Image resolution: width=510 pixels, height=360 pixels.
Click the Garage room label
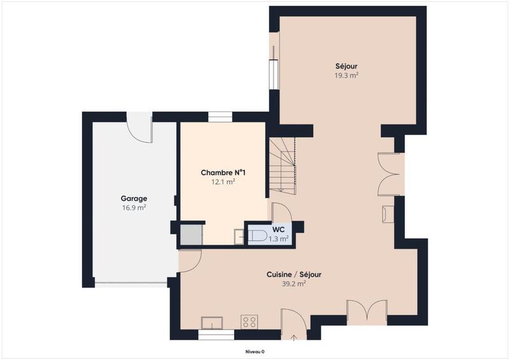[134, 198]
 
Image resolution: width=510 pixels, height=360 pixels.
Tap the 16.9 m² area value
[134, 207]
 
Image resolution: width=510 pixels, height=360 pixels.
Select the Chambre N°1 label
[223, 173]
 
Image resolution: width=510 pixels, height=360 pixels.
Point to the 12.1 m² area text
[223, 182]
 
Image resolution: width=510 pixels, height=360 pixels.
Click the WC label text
[278, 229]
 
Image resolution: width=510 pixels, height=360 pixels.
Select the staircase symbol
[282, 166]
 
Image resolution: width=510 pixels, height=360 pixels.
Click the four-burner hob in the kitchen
[249, 322]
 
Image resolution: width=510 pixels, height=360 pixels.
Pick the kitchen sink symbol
[211, 322]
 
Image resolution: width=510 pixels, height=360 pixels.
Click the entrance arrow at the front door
[294, 336]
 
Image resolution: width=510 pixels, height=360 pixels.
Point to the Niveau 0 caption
[255, 352]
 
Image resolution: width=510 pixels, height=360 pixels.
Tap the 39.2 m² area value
[293, 284]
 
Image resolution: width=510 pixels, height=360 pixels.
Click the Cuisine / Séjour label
[293, 275]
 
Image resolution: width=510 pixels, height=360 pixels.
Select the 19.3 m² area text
[347, 75]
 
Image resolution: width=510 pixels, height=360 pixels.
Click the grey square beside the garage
[189, 234]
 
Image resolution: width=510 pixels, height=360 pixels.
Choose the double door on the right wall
[389, 174]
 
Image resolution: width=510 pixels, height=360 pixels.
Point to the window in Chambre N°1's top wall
[220, 117]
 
